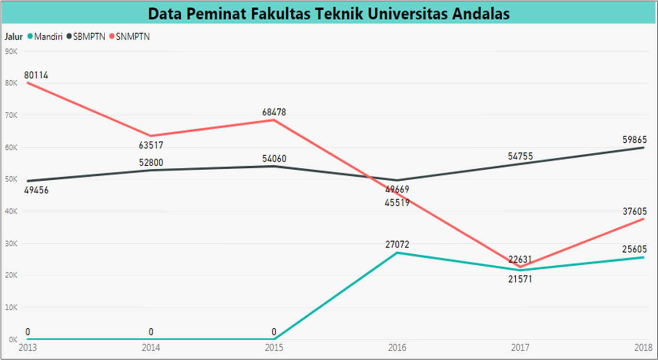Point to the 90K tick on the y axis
pyautogui.click(x=11, y=51)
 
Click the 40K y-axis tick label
pyautogui.click(x=11, y=211)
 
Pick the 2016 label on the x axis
pyautogui.click(x=397, y=347)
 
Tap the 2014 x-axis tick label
pyautogui.click(x=151, y=347)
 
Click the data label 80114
pyautogui.click(x=36, y=75)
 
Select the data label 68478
pyautogui.click(x=274, y=112)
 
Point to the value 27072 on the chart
pyautogui.click(x=397, y=245)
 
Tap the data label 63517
pyautogui.click(x=151, y=145)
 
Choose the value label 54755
pyautogui.click(x=520, y=156)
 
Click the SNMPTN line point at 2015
pyautogui.click(x=274, y=120)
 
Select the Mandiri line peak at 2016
pyautogui.click(x=397, y=252)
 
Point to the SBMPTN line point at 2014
pyautogui.click(x=151, y=170)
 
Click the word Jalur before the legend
pyautogui.click(x=14, y=37)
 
